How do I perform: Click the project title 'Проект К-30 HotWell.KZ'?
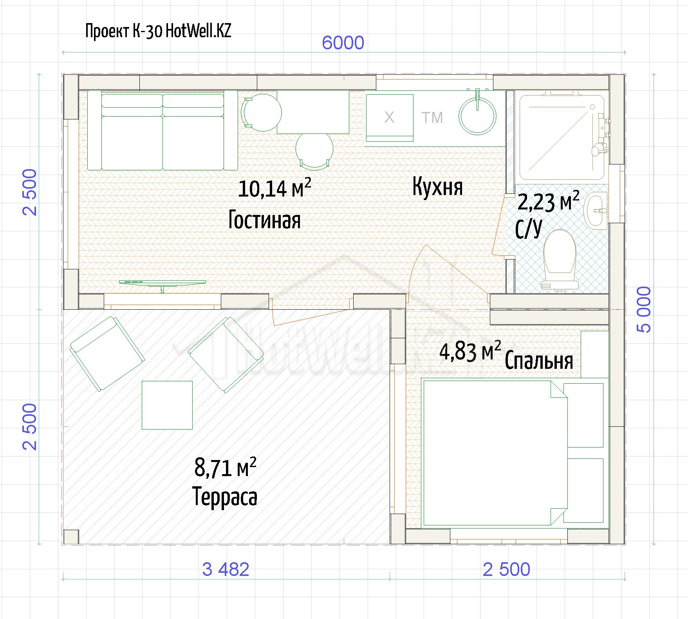[x=158, y=31]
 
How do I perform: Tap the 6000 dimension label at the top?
[x=343, y=43]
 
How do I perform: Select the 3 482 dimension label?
[x=226, y=569]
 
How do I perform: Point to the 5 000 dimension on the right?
[x=644, y=309]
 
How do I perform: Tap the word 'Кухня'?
[x=437, y=187]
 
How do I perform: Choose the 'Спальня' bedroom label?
[x=539, y=361]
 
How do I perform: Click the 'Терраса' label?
[x=225, y=497]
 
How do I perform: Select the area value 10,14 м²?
[x=274, y=188]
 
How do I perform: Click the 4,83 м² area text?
[x=470, y=351]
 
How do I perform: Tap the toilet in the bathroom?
[x=560, y=260]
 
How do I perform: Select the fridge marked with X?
[x=390, y=117]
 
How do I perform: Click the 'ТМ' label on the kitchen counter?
[x=432, y=117]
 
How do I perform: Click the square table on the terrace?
[x=167, y=405]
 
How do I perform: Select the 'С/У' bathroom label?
[x=529, y=229]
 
